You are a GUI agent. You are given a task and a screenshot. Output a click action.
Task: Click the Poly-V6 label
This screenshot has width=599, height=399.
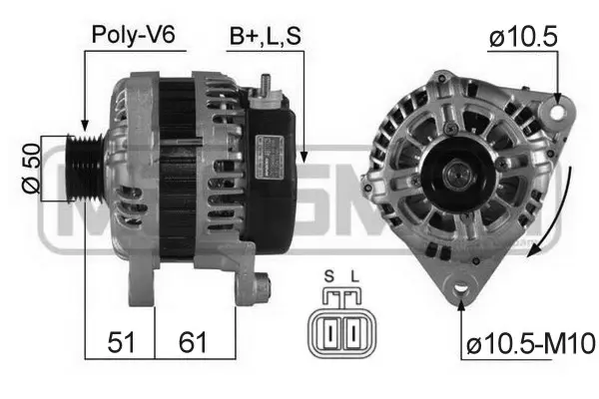[x=133, y=35]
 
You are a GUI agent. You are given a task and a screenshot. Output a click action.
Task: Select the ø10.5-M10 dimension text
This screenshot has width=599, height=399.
[x=529, y=344]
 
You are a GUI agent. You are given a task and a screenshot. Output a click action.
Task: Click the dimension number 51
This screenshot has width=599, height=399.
[x=121, y=342]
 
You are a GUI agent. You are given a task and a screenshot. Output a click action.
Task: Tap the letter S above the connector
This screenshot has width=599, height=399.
[x=328, y=276]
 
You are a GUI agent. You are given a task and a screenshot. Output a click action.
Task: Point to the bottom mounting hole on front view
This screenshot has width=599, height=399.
[x=460, y=290]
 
